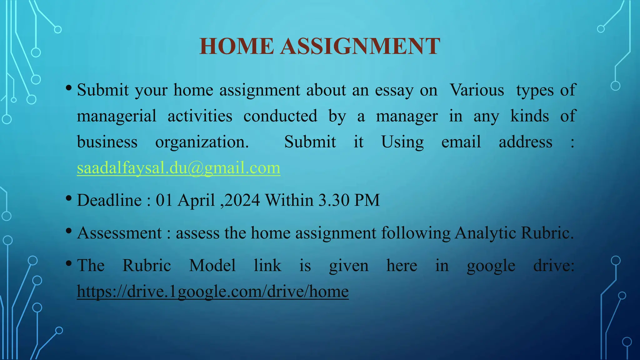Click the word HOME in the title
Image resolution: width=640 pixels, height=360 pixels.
click(237, 46)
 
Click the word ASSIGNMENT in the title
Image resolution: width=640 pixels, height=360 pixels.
click(360, 46)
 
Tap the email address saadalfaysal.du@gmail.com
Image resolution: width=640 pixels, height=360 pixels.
click(178, 168)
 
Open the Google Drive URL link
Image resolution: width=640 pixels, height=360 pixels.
click(212, 291)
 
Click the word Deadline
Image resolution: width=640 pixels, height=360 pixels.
click(109, 200)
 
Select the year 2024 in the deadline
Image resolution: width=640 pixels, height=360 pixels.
click(242, 200)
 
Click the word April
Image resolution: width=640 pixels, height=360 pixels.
click(196, 200)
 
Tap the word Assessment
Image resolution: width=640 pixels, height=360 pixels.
click(119, 233)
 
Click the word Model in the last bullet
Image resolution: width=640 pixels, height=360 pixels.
click(212, 266)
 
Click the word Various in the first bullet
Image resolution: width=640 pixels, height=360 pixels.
click(477, 90)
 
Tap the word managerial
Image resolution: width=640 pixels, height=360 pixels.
click(117, 116)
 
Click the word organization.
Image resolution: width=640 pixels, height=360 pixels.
click(202, 142)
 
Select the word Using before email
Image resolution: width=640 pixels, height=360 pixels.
click(402, 142)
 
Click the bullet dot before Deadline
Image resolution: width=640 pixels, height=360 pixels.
click(69, 198)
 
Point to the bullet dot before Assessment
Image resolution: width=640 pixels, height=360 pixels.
click(69, 231)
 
